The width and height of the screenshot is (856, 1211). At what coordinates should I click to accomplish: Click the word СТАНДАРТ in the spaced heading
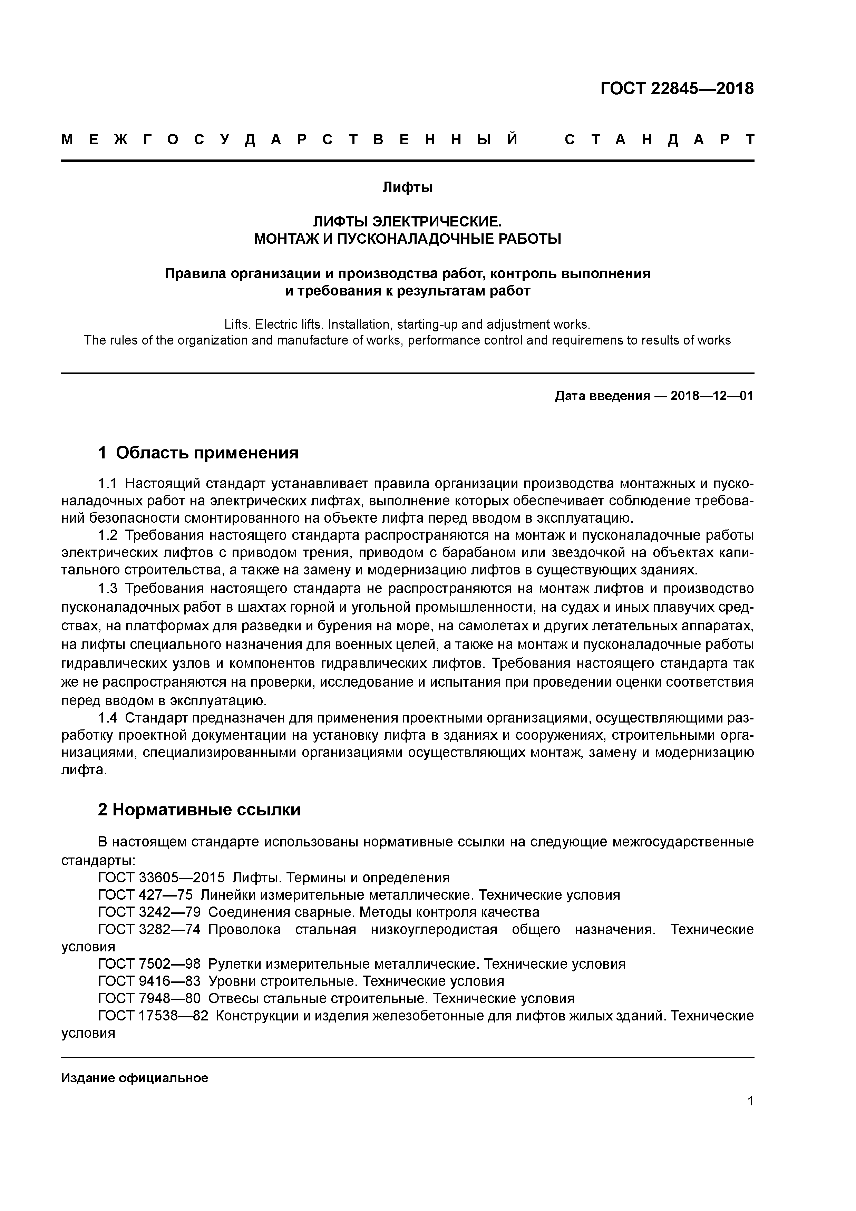(659, 140)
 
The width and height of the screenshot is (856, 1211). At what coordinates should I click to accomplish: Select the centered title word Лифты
(407, 187)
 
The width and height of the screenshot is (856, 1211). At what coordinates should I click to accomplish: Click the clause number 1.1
(109, 484)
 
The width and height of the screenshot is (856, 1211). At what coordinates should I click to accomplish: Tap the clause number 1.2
(109, 535)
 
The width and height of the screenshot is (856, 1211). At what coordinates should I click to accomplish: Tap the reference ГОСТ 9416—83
(149, 981)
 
